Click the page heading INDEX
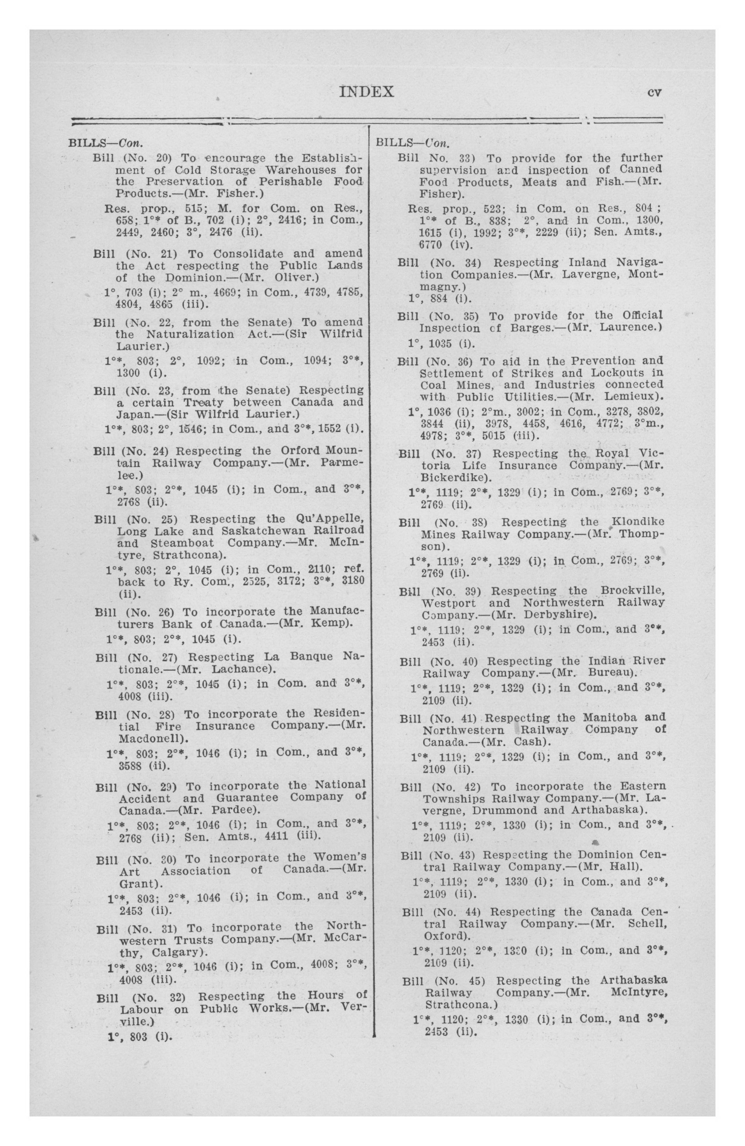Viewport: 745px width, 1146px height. point(367,92)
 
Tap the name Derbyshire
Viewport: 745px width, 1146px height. point(557,615)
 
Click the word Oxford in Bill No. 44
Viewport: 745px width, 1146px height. point(443,936)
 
